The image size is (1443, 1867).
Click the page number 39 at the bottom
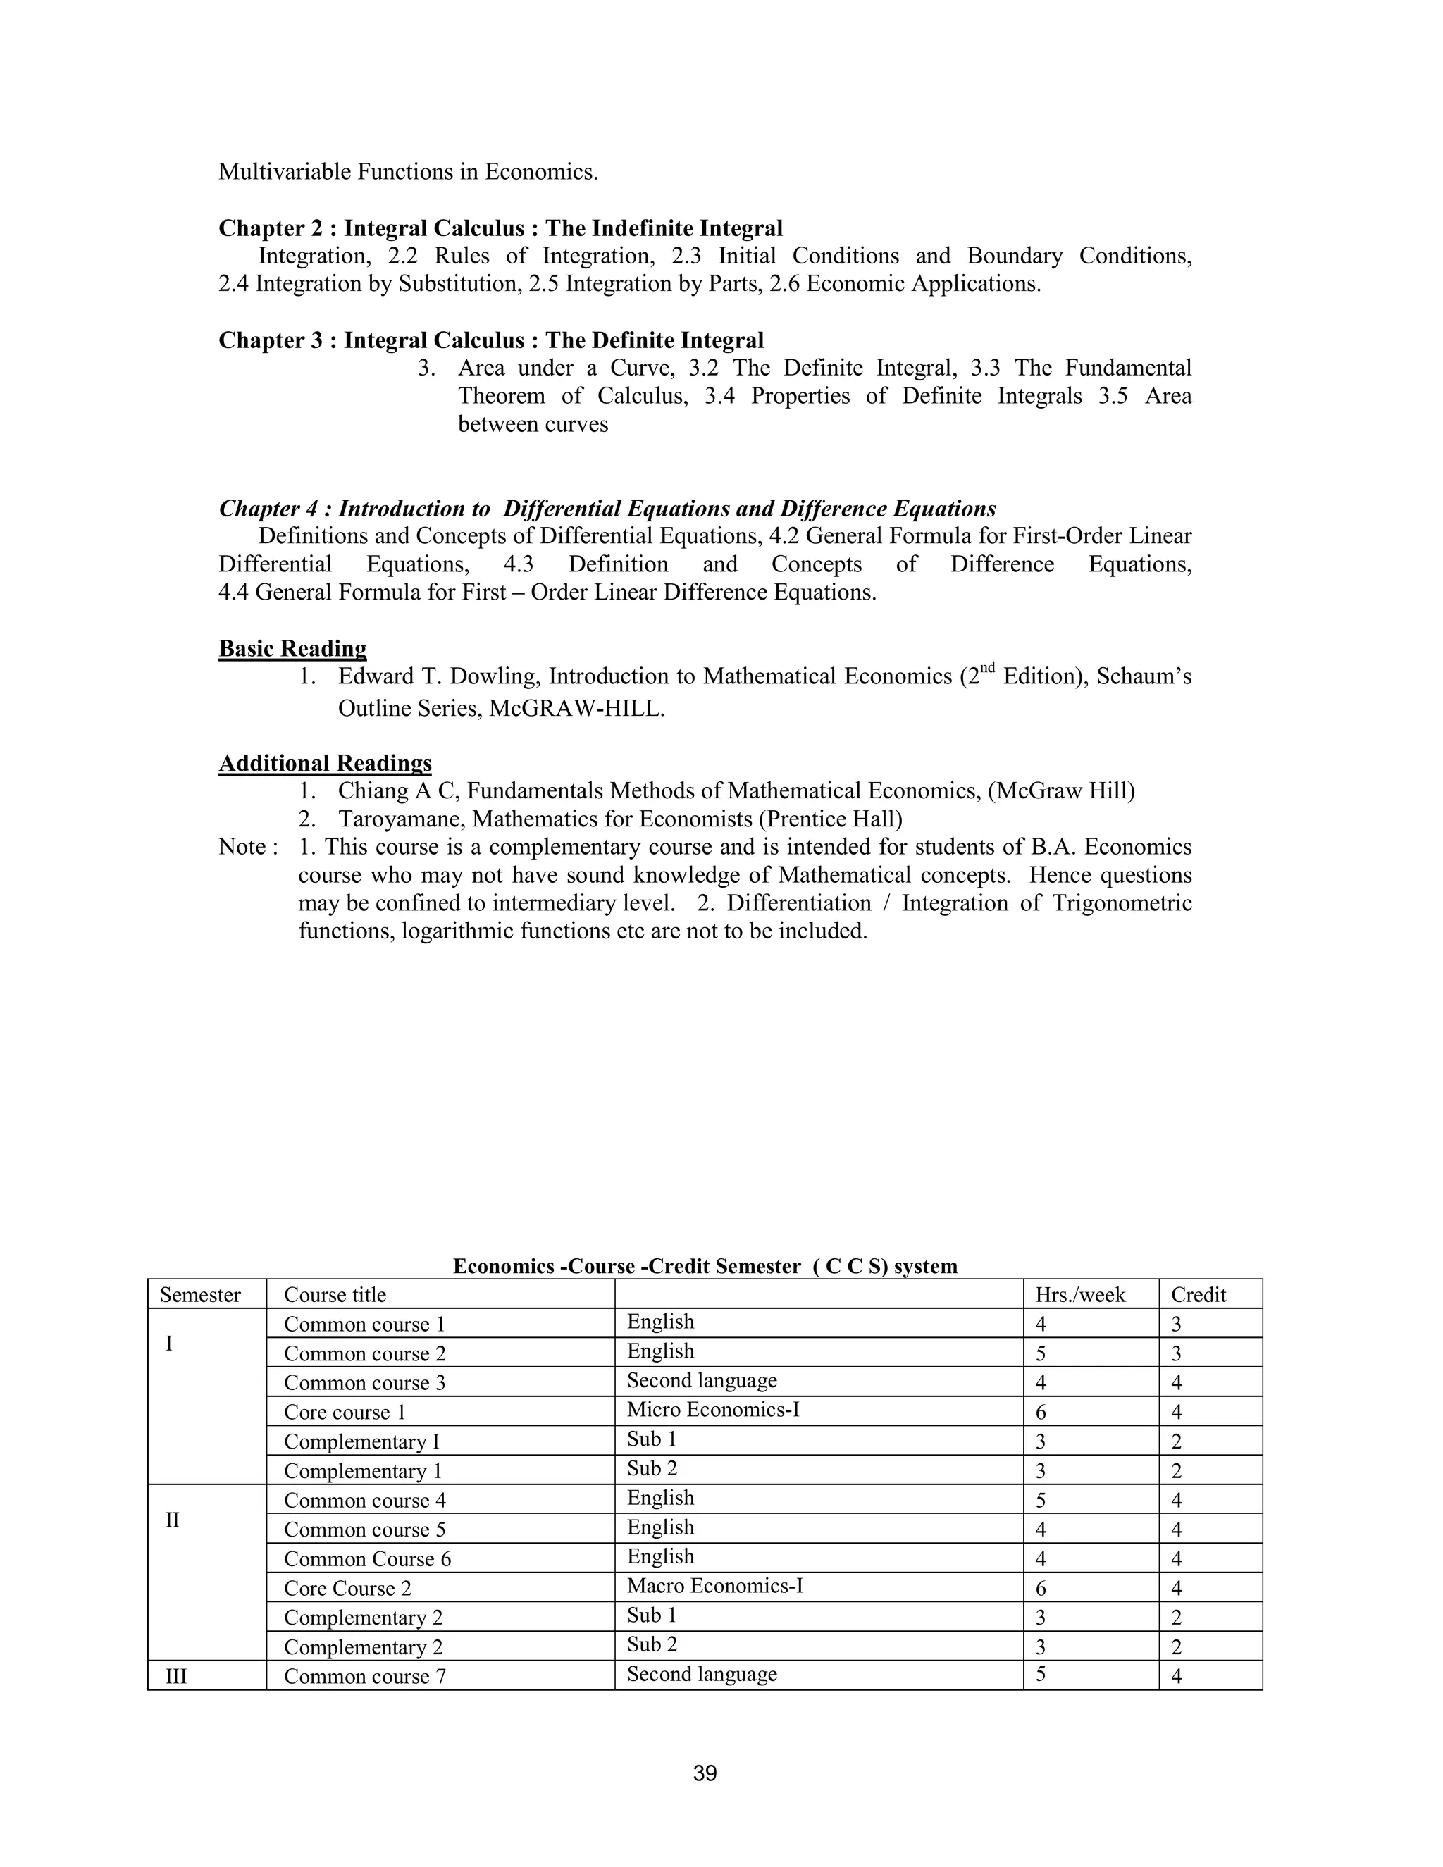click(705, 1774)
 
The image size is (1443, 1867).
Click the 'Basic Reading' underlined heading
click(292, 649)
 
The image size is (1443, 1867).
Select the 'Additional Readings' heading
click(325, 764)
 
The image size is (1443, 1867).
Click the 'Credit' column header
click(1198, 1295)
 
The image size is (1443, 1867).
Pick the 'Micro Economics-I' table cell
click(712, 1410)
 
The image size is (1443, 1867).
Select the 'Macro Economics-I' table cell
click(714, 1587)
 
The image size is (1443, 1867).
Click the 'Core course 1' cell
click(345, 1412)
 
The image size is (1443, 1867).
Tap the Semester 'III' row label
click(175, 1676)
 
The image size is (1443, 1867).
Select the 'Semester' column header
click(200, 1295)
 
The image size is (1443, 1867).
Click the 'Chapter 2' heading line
click(500, 228)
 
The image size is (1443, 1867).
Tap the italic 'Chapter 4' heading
click(607, 509)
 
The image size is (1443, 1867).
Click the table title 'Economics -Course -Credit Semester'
click(705, 1266)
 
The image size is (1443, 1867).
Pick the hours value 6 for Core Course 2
click(1041, 1588)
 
